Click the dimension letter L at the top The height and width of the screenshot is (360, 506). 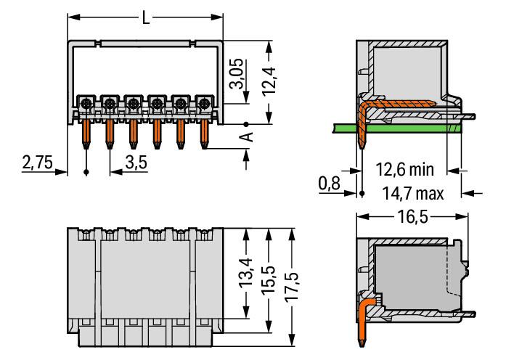tap(146, 17)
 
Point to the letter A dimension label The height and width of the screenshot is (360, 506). tap(246, 138)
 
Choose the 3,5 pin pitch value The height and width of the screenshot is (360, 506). tap(136, 163)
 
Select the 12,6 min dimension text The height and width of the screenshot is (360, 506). tap(404, 171)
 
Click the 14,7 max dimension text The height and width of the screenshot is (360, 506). tap(411, 193)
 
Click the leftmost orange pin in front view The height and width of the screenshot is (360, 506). tap(86, 133)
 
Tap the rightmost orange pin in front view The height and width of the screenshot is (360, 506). tap(204, 133)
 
